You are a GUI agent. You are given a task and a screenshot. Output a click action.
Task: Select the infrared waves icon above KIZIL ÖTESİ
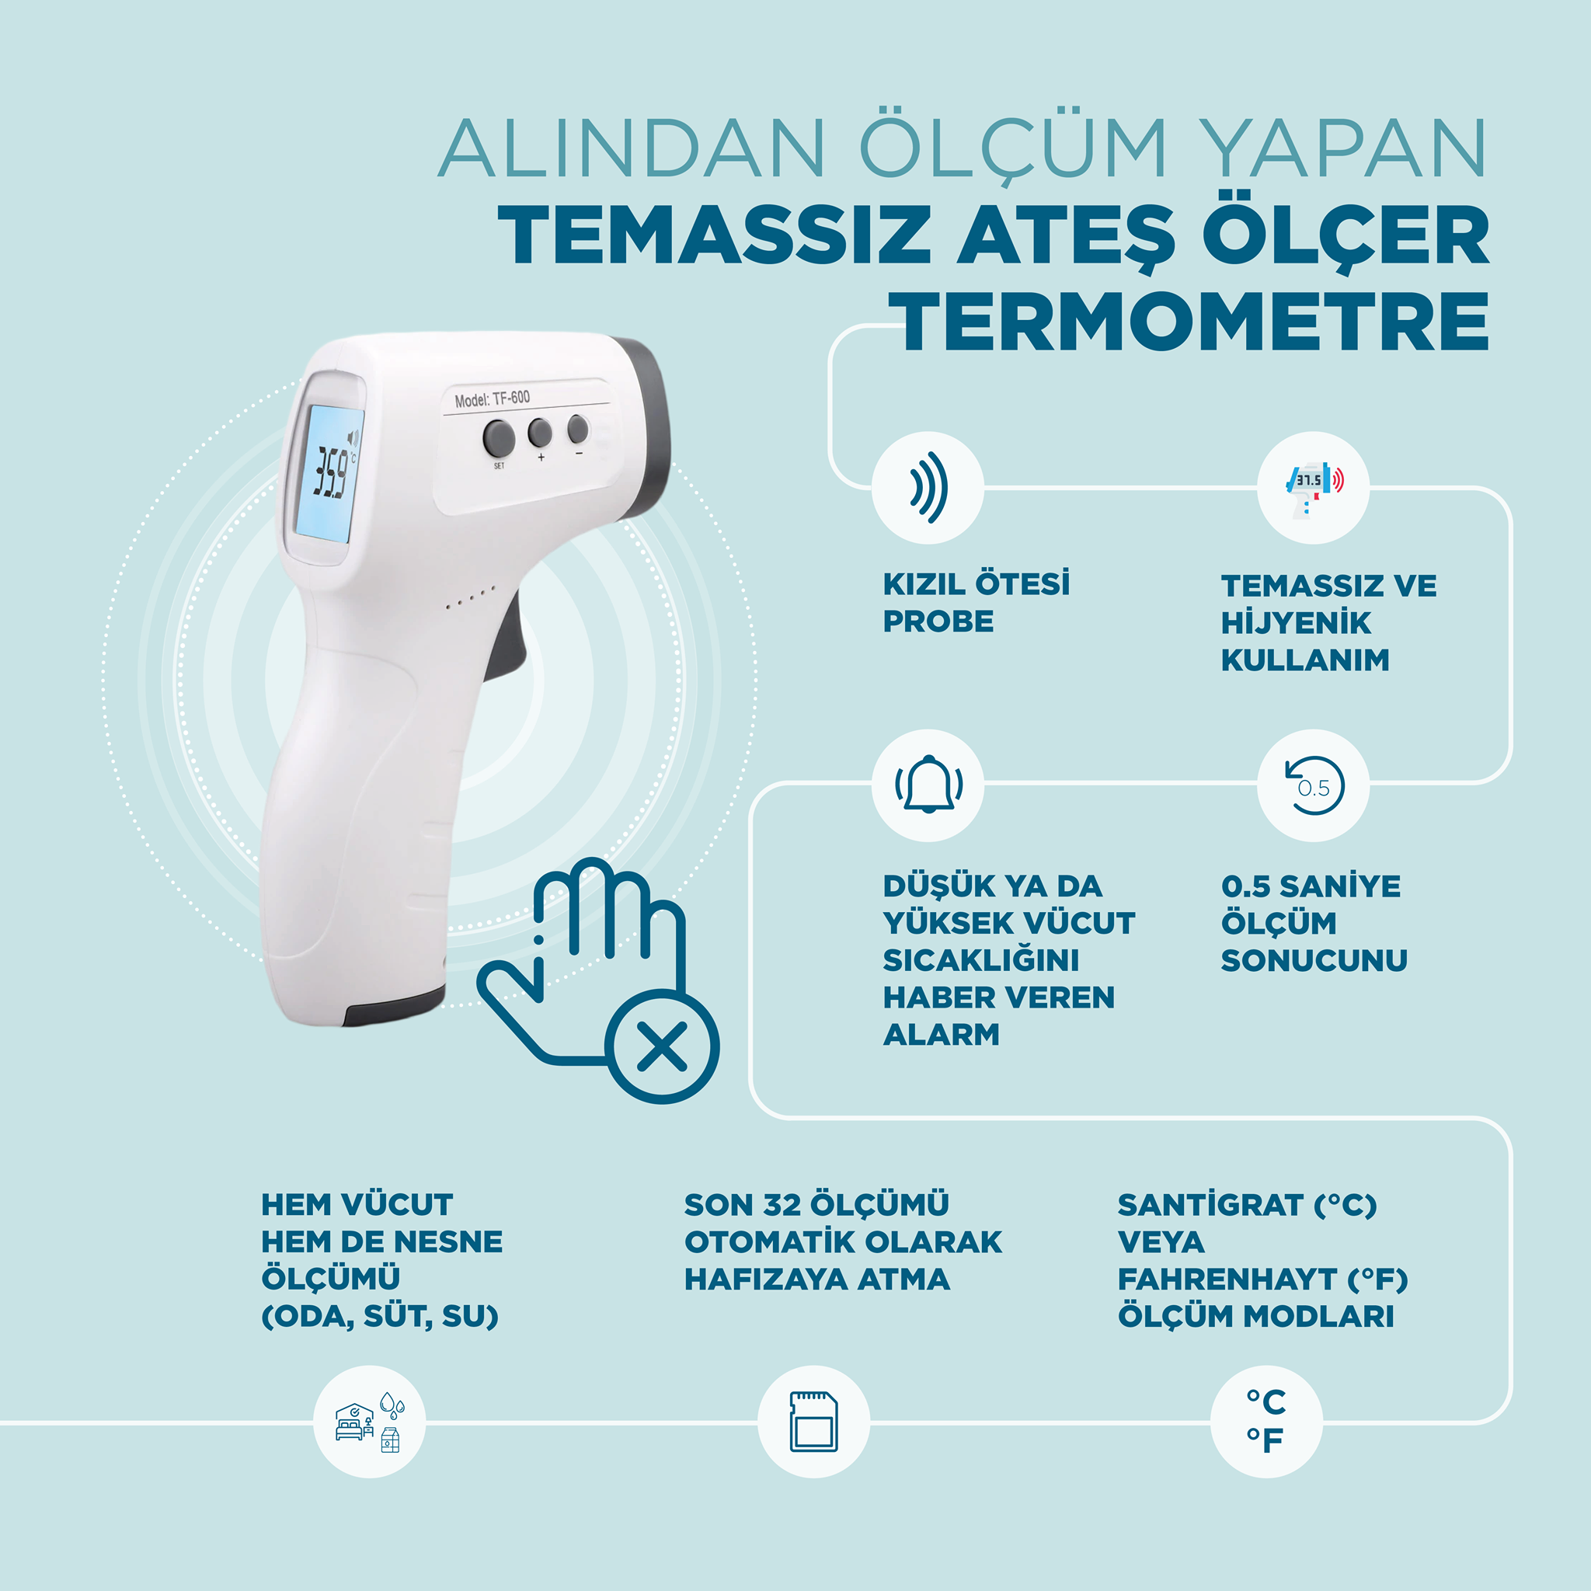[928, 488]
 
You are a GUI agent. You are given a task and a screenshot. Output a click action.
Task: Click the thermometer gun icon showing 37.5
[1314, 488]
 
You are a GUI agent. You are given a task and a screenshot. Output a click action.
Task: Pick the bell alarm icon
[928, 785]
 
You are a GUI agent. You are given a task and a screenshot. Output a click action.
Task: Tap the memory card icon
[813, 1422]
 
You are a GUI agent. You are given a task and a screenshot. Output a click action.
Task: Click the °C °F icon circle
[1266, 1422]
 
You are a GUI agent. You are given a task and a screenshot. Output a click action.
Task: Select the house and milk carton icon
[370, 1422]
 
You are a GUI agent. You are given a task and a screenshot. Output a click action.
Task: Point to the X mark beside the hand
[662, 1046]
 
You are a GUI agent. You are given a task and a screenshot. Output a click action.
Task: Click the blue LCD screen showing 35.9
[328, 475]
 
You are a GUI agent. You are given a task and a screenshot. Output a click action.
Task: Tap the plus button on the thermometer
[539, 431]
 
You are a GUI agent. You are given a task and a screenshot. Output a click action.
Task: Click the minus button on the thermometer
[578, 428]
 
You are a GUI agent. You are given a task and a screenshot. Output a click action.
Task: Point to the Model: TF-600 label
[493, 399]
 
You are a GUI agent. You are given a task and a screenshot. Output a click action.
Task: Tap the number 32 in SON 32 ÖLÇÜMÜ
[782, 1205]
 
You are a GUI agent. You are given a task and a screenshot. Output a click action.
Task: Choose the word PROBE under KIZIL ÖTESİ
[938, 621]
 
